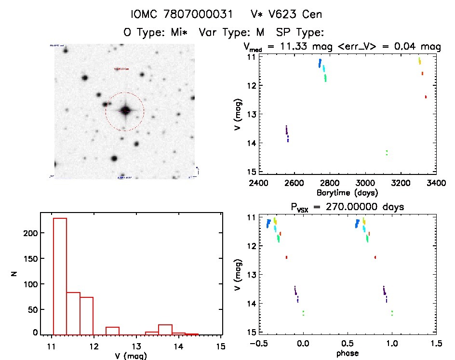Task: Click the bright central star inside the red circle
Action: [x=125, y=110]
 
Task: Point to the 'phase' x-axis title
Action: [x=347, y=353]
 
